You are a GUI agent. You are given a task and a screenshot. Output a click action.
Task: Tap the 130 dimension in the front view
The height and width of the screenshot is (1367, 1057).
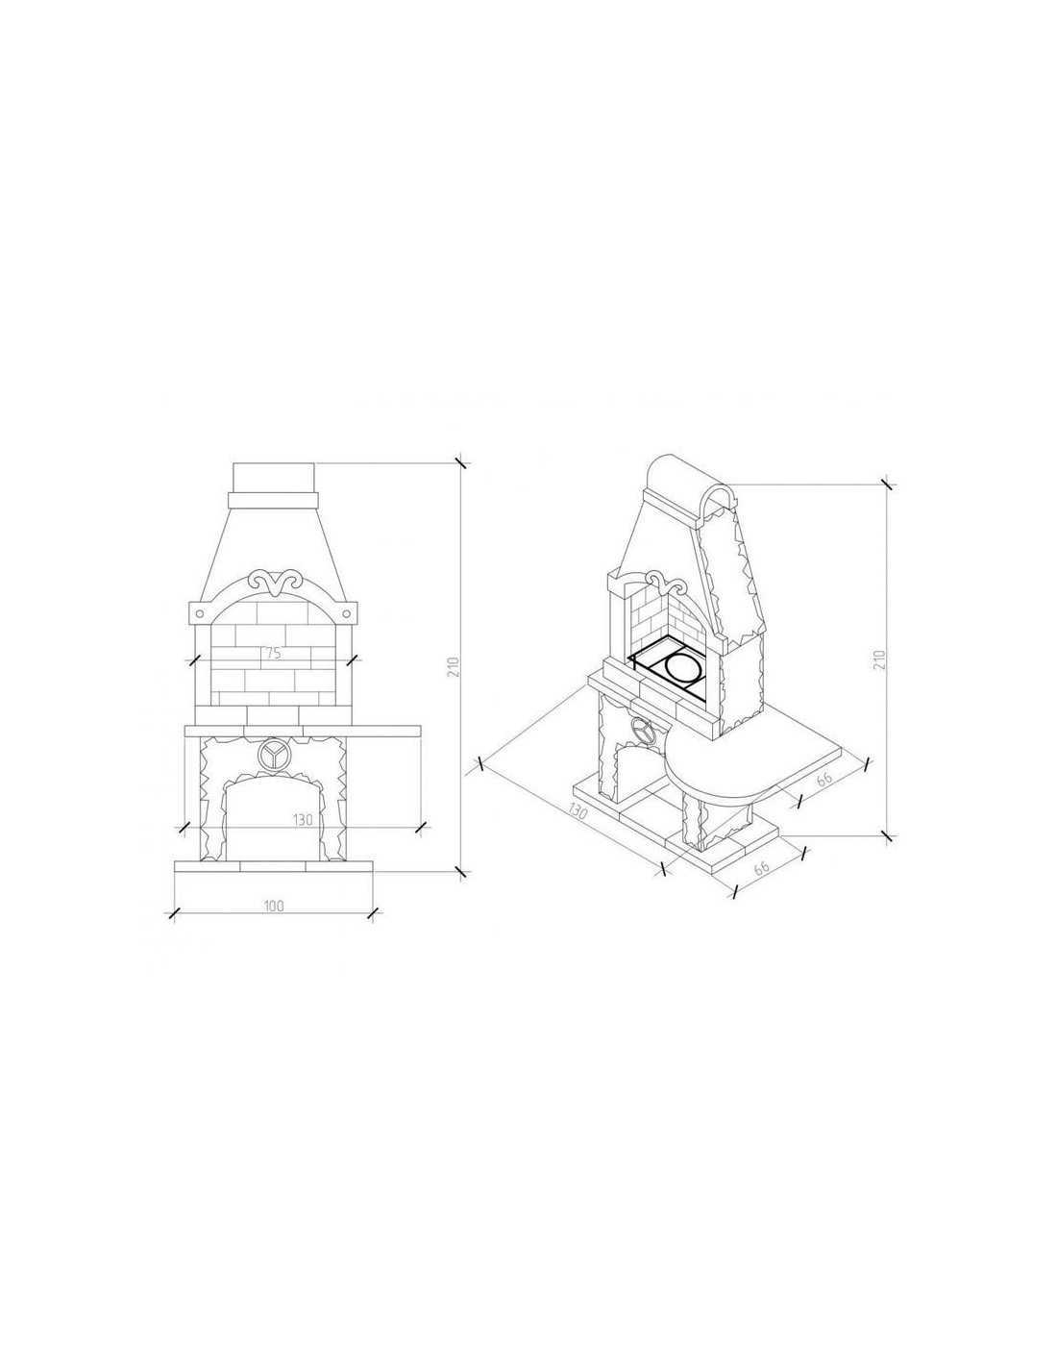coord(303,820)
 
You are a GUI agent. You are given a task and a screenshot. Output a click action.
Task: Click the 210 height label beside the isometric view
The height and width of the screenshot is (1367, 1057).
coord(879,659)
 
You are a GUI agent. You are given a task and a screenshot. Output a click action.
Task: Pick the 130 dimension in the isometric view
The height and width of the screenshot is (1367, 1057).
coord(578,812)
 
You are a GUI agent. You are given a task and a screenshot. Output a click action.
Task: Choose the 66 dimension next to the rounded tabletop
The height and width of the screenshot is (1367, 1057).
coord(824,778)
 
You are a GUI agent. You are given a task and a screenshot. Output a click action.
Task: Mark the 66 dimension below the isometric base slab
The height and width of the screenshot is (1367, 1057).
coord(761,867)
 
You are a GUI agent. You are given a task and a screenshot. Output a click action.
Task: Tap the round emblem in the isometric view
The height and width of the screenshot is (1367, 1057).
coord(643,730)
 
